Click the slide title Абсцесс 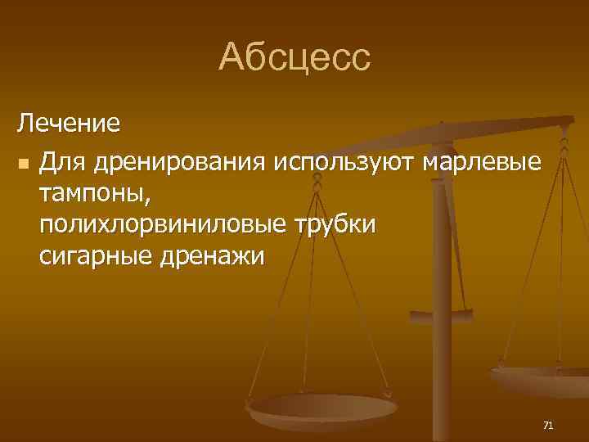[x=294, y=58]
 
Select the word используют [x=345, y=163]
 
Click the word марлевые [x=481, y=163]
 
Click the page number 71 [x=548, y=425]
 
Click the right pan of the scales [x=540, y=378]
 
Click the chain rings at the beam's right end [x=564, y=147]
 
